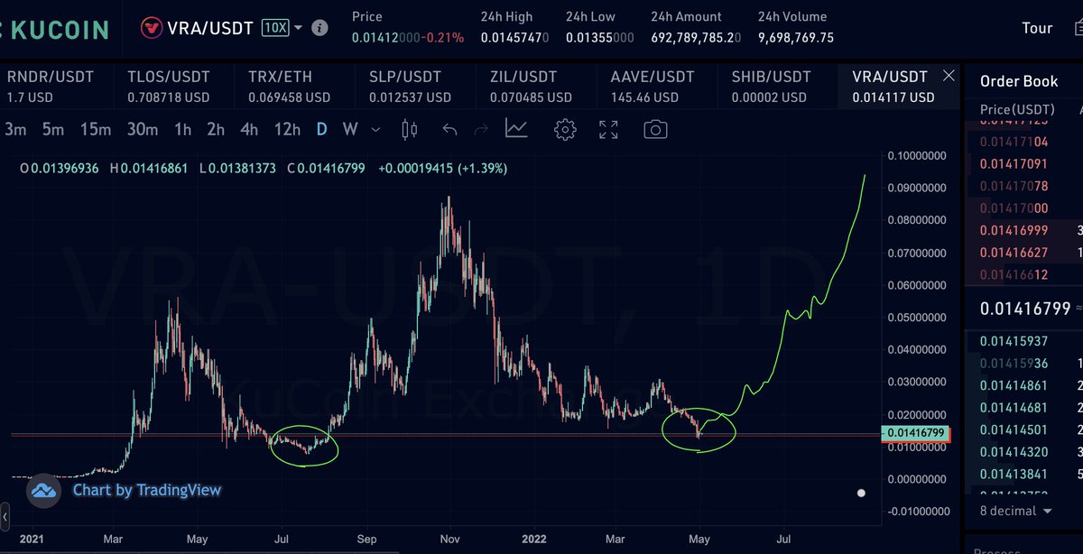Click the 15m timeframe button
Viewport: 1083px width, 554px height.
click(x=95, y=130)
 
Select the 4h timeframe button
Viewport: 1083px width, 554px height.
click(x=248, y=130)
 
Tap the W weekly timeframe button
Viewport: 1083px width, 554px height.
click(x=350, y=130)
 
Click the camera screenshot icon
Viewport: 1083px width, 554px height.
click(x=655, y=130)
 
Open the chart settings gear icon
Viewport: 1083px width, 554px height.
click(x=565, y=130)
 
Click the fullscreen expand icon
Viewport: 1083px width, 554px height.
click(x=609, y=130)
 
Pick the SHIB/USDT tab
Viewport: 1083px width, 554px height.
click(x=771, y=87)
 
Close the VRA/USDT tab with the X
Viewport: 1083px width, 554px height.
click(x=948, y=76)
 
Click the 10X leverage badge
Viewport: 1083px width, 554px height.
click(x=275, y=28)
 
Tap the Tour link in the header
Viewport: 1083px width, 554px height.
click(x=1037, y=28)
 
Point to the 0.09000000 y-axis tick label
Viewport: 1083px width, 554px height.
click(x=917, y=188)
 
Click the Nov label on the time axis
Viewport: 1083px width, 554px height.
click(x=450, y=539)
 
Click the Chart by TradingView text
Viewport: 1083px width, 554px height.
click(x=146, y=490)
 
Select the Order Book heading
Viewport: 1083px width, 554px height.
click(x=1019, y=81)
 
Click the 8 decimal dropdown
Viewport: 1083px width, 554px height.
click(x=1016, y=511)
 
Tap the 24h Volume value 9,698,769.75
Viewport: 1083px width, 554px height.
click(x=795, y=38)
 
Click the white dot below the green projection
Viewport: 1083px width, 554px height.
click(x=861, y=494)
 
